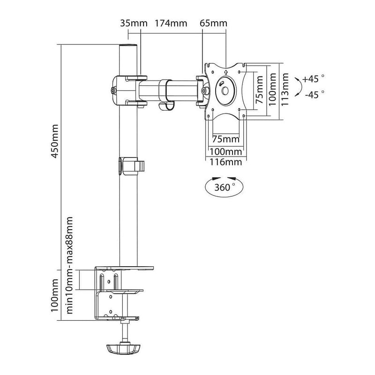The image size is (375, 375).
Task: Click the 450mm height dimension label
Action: click(x=55, y=141)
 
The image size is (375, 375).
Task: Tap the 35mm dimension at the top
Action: click(x=134, y=23)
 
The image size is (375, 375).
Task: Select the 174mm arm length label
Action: click(x=171, y=23)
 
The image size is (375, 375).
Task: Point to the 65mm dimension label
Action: click(x=214, y=23)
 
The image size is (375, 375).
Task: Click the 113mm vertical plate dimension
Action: click(x=285, y=90)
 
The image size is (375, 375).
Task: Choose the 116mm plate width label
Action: click(x=226, y=162)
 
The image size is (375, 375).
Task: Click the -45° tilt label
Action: click(x=315, y=95)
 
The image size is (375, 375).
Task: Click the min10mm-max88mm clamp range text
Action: click(x=69, y=265)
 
